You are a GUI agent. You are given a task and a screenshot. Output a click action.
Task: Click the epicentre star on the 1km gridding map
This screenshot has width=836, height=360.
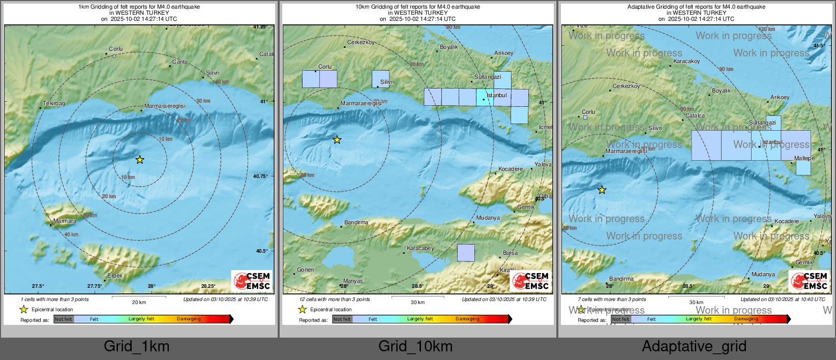pos(140,160)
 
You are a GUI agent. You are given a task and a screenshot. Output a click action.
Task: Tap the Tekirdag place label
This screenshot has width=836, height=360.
pos(54,103)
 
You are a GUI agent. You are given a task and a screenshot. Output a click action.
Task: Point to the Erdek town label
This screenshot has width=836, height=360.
pos(115,276)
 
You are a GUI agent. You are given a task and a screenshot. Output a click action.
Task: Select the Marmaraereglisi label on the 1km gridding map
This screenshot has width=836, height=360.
pos(165,106)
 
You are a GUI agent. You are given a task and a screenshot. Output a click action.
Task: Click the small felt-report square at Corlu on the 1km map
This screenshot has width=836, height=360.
pos(114,55)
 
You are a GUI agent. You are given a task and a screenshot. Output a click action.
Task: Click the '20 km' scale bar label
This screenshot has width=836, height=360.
pos(139,302)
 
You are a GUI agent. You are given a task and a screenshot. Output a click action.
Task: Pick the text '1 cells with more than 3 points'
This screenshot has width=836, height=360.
pos(55,299)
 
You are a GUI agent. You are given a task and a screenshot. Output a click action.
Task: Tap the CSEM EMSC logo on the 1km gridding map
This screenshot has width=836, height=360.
pos(252,281)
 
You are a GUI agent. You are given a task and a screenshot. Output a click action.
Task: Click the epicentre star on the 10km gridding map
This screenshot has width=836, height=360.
pos(337,140)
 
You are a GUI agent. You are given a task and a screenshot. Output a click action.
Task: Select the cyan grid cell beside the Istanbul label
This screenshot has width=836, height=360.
pos(485,97)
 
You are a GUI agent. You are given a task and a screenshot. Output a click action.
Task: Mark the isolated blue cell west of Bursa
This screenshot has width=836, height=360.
pos(466,253)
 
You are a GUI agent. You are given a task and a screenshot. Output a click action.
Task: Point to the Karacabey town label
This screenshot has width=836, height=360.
pos(420,248)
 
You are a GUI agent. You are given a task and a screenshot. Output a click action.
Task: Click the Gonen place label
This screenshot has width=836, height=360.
pos(305,269)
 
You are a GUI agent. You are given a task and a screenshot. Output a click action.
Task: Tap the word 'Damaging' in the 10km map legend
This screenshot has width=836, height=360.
pos(467,319)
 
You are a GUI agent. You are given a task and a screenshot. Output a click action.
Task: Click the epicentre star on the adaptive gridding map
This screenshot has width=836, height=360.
pos(602,190)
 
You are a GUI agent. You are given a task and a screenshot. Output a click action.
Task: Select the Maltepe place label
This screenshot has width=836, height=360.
pos(804,158)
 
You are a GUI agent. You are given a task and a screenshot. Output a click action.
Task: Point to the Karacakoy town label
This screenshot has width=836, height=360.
pos(686,61)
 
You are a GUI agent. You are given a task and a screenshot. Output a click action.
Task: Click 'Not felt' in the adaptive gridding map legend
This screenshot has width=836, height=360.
pos(621,319)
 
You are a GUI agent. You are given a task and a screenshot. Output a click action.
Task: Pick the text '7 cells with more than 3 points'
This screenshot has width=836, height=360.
pos(612,299)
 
